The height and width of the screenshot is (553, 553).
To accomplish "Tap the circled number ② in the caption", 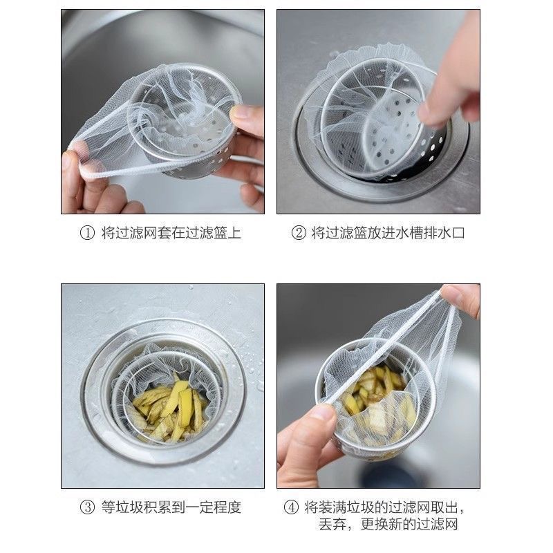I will [x=299, y=234].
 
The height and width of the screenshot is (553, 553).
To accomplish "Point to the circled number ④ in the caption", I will [x=290, y=507].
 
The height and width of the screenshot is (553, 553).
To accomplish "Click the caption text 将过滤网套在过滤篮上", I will [x=171, y=234].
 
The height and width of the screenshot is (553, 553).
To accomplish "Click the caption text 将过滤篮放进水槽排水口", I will [x=388, y=234].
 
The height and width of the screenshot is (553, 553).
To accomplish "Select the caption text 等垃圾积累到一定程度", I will [x=171, y=507].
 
